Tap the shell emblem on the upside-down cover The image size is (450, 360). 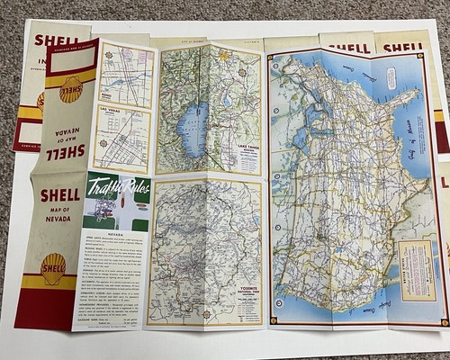click(72, 88)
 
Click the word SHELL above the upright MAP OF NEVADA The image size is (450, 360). click(60, 194)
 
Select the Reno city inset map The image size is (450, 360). click(121, 71)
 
